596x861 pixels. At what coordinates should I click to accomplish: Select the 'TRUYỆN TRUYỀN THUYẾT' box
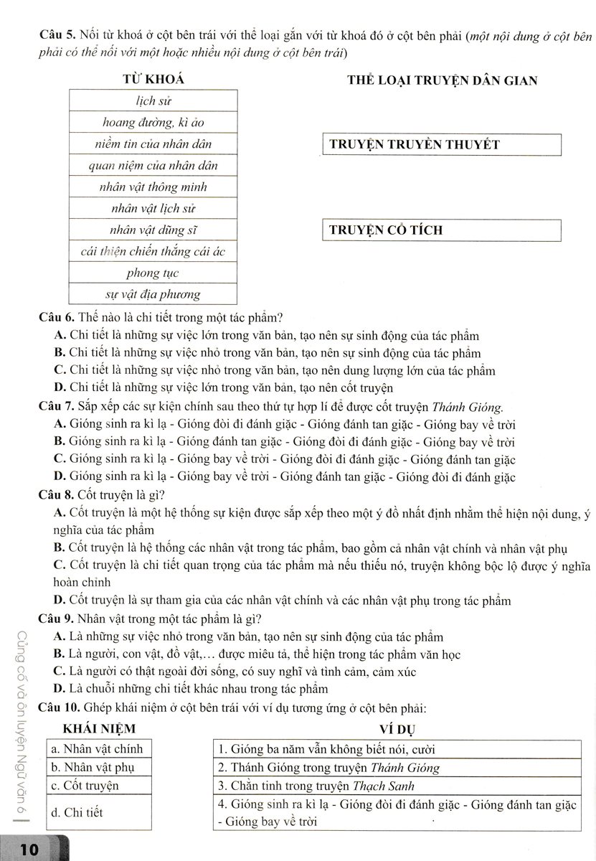(x=440, y=144)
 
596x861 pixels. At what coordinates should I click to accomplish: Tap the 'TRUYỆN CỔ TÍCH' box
(x=440, y=230)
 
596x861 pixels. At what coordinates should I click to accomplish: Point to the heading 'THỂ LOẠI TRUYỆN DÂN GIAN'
(x=441, y=80)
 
